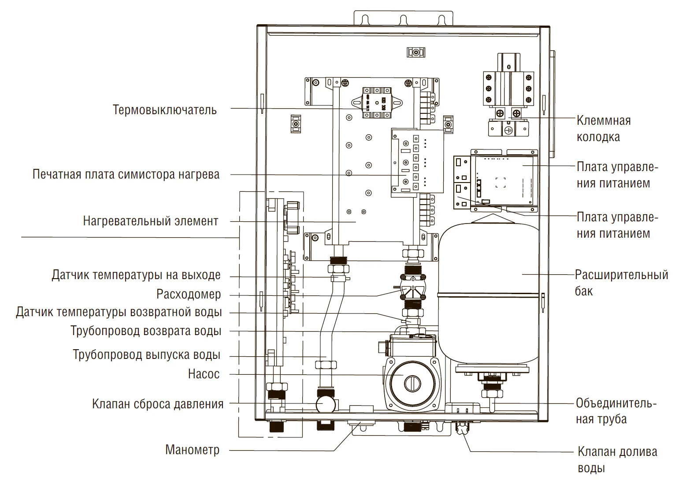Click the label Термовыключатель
coord(165,109)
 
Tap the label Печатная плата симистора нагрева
coord(126,175)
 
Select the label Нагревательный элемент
coord(151,220)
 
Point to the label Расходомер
coord(189,294)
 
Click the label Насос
coord(204,374)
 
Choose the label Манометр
coord(192,450)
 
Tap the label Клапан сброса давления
coord(158,404)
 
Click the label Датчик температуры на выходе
coord(136,275)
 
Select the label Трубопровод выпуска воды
coord(147,355)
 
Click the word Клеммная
coord(604,121)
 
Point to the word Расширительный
coord(621,275)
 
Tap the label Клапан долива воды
coord(617,459)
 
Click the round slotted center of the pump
coord(412,382)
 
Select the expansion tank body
coord(489,291)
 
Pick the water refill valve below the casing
coord(462,428)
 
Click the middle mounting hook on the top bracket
coord(402,19)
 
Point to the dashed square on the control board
coord(500,182)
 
